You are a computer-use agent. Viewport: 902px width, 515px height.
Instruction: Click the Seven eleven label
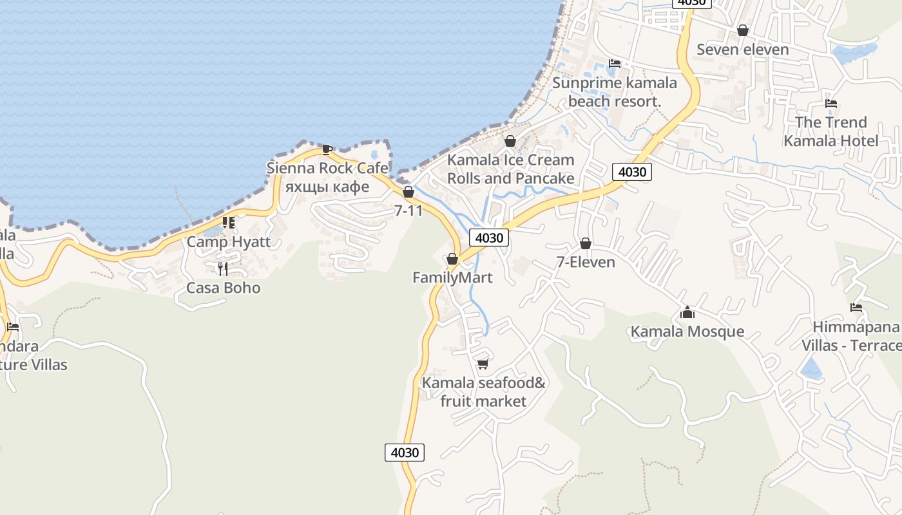pyautogui.click(x=742, y=50)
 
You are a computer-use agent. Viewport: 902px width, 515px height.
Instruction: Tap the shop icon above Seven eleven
pyautogui.click(x=742, y=30)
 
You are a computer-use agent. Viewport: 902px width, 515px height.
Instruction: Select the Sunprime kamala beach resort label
pyautogui.click(x=614, y=92)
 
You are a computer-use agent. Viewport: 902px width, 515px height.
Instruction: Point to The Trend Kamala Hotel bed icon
pyautogui.click(x=831, y=103)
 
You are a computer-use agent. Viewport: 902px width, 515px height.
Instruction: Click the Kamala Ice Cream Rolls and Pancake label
pyautogui.click(x=510, y=169)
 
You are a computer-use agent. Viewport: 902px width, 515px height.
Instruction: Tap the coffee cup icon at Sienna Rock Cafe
pyautogui.click(x=327, y=149)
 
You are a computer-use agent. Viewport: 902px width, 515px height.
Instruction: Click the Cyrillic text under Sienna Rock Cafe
pyautogui.click(x=327, y=187)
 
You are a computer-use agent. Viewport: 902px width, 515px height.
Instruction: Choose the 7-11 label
pyautogui.click(x=408, y=210)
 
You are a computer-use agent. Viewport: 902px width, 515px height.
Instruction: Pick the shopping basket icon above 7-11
pyautogui.click(x=408, y=192)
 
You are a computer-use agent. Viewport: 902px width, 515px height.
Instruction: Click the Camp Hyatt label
pyautogui.click(x=228, y=242)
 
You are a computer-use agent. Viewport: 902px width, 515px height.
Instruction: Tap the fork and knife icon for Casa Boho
pyautogui.click(x=223, y=268)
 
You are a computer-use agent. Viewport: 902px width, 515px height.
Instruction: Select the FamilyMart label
pyautogui.click(x=452, y=277)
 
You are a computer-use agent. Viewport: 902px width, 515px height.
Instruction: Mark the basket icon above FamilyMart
pyautogui.click(x=452, y=259)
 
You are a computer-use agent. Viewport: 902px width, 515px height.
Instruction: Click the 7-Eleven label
pyautogui.click(x=586, y=262)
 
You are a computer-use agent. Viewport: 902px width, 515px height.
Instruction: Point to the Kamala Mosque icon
pyautogui.click(x=687, y=313)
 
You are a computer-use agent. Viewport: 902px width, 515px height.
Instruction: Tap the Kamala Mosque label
pyautogui.click(x=687, y=332)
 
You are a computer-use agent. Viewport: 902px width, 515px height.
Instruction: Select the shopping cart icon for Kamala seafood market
pyautogui.click(x=483, y=364)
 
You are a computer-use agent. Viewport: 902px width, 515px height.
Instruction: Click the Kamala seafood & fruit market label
pyautogui.click(x=483, y=392)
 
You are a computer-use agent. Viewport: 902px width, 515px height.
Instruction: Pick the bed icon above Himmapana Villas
pyautogui.click(x=856, y=308)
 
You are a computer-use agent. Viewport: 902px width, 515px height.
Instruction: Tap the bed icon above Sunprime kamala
pyautogui.click(x=615, y=64)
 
